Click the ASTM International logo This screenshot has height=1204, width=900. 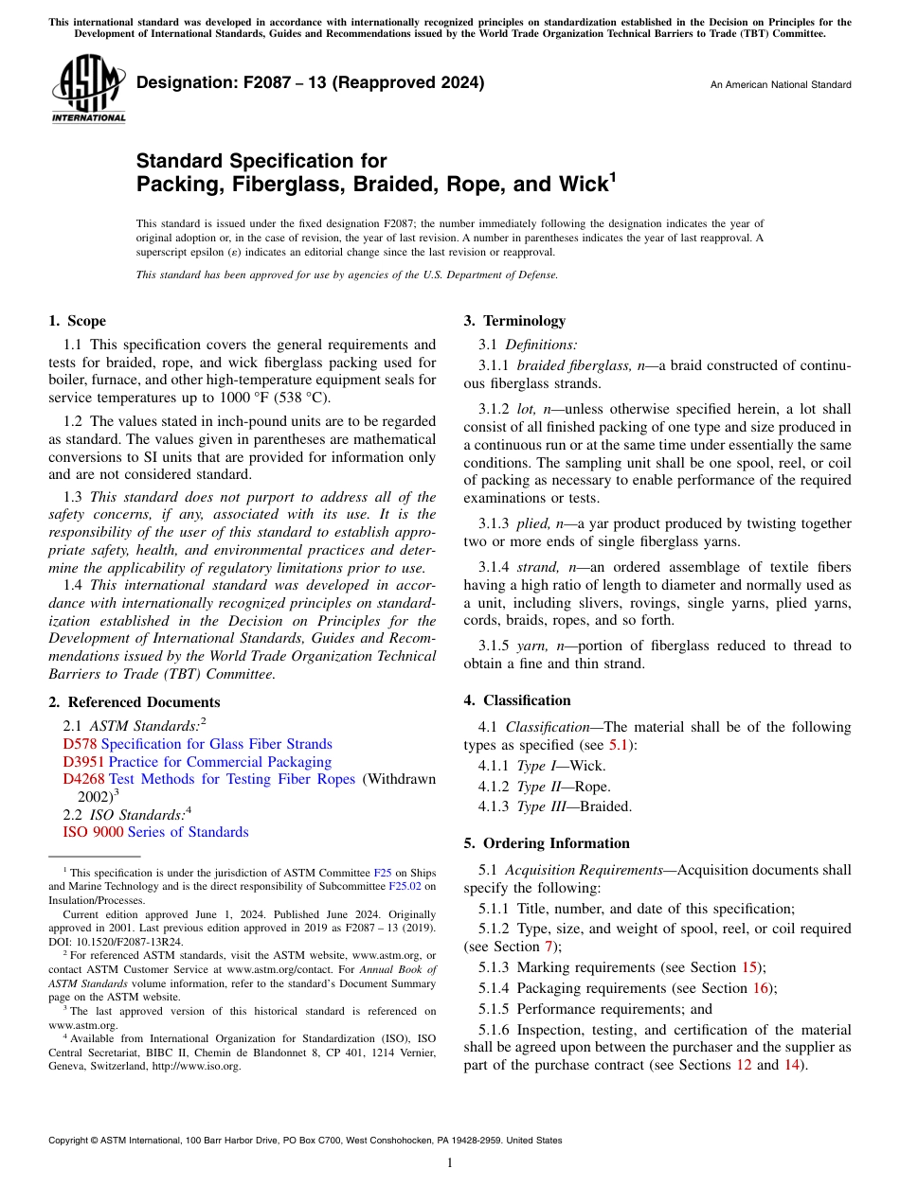[x=88, y=88]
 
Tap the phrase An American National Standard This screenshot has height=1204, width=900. [x=781, y=85]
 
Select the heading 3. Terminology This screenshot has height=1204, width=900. [x=513, y=321]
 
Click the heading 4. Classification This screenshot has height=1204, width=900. [x=517, y=700]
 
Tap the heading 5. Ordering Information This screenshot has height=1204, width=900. [x=547, y=843]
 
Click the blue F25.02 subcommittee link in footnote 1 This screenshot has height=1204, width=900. [x=404, y=887]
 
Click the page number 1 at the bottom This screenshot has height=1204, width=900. [x=450, y=1163]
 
